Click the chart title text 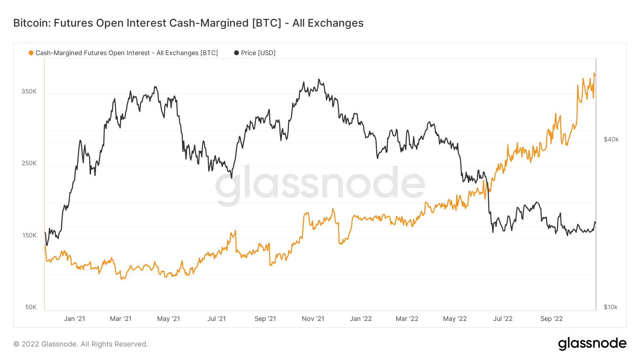click(188, 23)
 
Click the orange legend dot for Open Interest click(31, 53)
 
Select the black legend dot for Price click(236, 53)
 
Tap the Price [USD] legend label click(258, 53)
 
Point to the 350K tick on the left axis click(29, 91)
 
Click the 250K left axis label click(29, 163)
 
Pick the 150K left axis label click(29, 235)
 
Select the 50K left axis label click(31, 307)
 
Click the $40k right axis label click(611, 139)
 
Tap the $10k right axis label click(611, 307)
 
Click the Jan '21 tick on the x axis click(74, 319)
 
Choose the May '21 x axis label click(169, 319)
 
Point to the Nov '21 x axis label click(313, 319)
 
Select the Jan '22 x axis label click(361, 319)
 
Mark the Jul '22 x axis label click(503, 319)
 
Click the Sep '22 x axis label click(551, 319)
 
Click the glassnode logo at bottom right click(592, 344)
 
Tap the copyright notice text click(81, 344)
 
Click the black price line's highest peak click(319, 79)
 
